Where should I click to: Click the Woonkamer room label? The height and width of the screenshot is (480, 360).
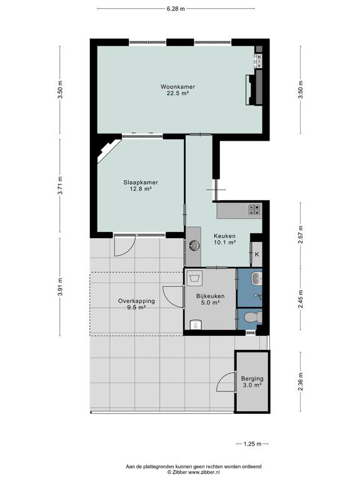click(x=177, y=87)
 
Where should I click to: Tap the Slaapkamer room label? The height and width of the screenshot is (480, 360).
click(x=141, y=182)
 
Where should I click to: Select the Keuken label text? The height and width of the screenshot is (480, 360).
click(x=224, y=236)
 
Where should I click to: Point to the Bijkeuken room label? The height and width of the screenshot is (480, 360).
click(x=210, y=296)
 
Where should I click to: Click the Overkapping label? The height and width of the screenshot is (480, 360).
click(x=136, y=301)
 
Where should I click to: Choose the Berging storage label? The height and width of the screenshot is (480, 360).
click(x=252, y=379)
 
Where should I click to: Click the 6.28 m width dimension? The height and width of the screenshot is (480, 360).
click(x=176, y=9)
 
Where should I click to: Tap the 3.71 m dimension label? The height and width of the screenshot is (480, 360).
click(x=60, y=186)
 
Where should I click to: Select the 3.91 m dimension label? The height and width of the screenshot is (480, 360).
click(x=60, y=287)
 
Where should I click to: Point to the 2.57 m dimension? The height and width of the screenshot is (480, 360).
click(x=300, y=235)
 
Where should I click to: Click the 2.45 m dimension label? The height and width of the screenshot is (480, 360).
click(x=300, y=299)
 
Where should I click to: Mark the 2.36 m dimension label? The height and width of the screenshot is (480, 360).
click(x=300, y=382)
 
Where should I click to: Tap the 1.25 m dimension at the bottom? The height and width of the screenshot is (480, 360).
click(x=252, y=444)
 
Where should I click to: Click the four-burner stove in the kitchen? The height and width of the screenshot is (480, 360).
click(x=254, y=209)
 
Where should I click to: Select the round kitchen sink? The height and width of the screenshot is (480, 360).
click(x=194, y=244)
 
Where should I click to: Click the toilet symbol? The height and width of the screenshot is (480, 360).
click(x=253, y=317)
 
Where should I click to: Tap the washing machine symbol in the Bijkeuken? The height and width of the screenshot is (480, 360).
click(x=195, y=278)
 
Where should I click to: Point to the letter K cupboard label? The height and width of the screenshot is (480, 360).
click(x=257, y=254)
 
